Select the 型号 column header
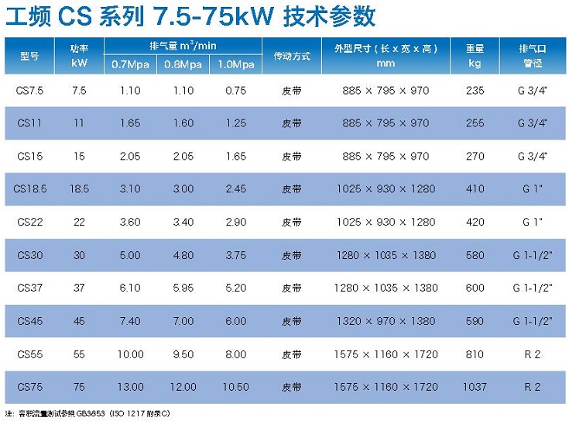click(29, 56)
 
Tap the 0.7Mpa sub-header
click(130, 64)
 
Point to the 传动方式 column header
click(292, 56)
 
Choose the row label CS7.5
click(29, 91)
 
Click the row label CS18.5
click(29, 188)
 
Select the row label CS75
click(29, 387)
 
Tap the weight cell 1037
click(475, 387)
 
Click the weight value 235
click(475, 91)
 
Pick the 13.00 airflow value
click(130, 387)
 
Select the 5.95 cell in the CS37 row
click(183, 288)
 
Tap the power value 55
click(79, 354)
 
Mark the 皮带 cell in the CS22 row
click(292, 222)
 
